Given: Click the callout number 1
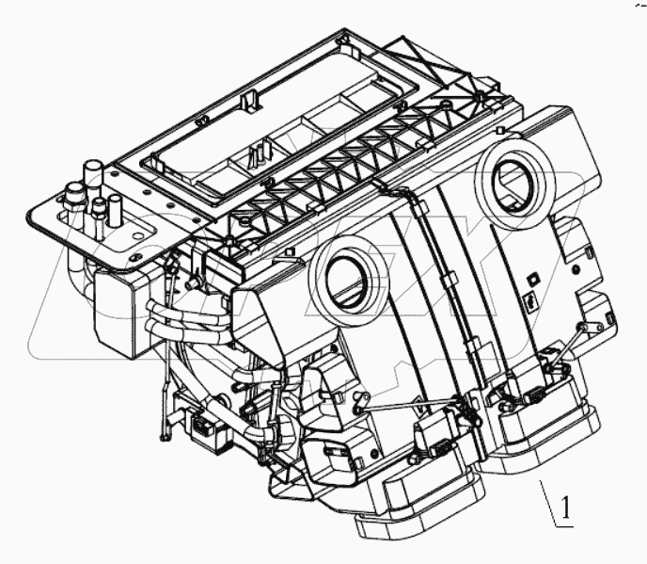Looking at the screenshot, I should tap(565, 509).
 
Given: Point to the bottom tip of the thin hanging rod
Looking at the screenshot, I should tap(166, 435).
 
